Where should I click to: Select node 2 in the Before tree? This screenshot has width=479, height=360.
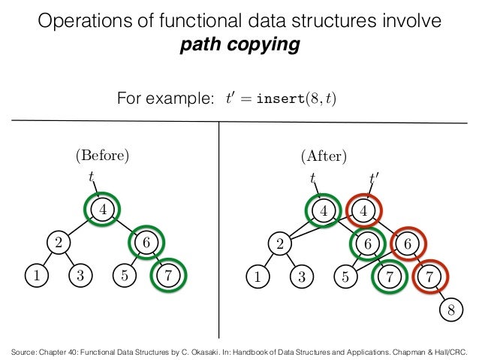(x=57, y=243)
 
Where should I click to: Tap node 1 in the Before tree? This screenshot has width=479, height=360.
(x=35, y=275)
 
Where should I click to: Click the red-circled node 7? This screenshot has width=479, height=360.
(x=429, y=275)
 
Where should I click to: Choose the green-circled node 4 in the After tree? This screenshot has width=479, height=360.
(x=324, y=210)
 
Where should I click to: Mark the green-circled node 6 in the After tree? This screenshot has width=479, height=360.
(x=367, y=243)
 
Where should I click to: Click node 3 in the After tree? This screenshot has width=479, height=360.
(x=301, y=275)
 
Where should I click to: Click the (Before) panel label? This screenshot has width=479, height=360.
(x=102, y=156)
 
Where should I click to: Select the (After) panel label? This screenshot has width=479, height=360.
(x=323, y=156)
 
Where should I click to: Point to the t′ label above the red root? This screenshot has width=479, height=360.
(x=373, y=179)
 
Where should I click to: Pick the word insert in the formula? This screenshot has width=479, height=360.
(x=279, y=98)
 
